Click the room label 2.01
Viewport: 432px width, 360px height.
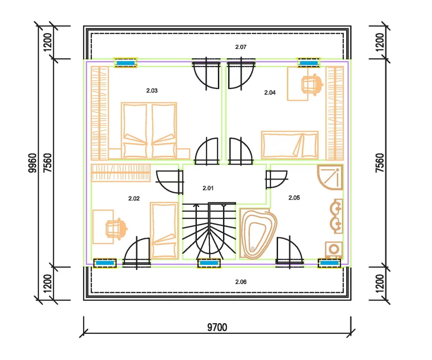[208, 188]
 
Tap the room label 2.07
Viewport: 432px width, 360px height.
[241, 47]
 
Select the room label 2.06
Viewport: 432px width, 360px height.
[241, 282]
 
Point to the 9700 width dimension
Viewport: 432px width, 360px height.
[217, 327]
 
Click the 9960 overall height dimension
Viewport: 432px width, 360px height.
[33, 163]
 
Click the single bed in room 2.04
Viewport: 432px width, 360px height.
[290, 145]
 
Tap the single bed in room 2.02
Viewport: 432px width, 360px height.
[164, 231]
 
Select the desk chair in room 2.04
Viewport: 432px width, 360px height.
[313, 84]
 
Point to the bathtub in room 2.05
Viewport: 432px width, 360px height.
[258, 234]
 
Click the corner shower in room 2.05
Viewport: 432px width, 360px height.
[330, 177]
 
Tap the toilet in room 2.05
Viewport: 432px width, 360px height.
[334, 250]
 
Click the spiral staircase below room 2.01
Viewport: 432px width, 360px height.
[209, 231]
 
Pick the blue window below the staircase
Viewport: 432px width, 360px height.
[209, 263]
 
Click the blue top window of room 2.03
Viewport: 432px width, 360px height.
[125, 63]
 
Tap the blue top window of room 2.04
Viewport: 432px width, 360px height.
[309, 63]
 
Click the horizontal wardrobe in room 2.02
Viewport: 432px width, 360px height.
[121, 173]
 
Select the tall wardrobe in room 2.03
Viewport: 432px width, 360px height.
[100, 113]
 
